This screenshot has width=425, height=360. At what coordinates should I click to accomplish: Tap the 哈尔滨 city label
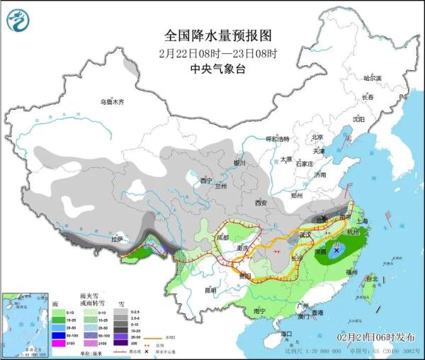(372, 77)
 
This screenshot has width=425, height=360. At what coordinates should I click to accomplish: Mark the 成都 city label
(223, 237)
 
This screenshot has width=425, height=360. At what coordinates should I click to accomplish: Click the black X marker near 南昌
(336, 249)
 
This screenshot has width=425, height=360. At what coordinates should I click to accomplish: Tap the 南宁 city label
(259, 310)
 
